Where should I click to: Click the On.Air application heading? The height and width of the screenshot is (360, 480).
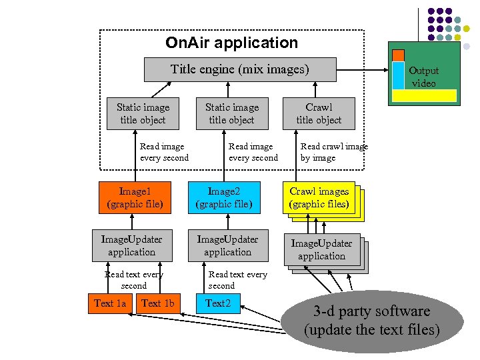pyautogui.click(x=231, y=43)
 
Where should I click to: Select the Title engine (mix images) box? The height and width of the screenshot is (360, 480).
pyautogui.click(x=240, y=69)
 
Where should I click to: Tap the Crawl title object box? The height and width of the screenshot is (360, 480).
pyautogui.click(x=319, y=113)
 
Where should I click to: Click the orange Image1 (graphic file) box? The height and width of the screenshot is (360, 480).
pyautogui.click(x=135, y=197)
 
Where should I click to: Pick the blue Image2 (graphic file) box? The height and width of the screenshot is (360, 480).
pyautogui.click(x=223, y=197)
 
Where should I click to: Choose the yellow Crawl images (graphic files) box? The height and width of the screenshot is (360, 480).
pyautogui.click(x=319, y=198)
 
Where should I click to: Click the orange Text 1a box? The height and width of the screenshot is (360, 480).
pyautogui.click(x=109, y=303)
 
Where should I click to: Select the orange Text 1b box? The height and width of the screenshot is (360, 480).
pyautogui.click(x=157, y=303)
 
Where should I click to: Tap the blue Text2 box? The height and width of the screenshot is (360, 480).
pyautogui.click(x=217, y=303)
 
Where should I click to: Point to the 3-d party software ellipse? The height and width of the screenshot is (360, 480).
pyautogui.click(x=371, y=321)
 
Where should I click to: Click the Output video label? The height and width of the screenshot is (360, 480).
pyautogui.click(x=423, y=77)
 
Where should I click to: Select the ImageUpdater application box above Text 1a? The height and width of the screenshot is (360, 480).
pyautogui.click(x=131, y=245)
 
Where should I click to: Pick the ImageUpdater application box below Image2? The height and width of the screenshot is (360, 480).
pyautogui.click(x=227, y=245)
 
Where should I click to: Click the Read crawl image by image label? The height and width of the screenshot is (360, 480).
pyautogui.click(x=333, y=152)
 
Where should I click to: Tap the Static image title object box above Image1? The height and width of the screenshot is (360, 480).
pyautogui.click(x=143, y=113)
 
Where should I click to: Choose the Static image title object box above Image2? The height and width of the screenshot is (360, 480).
pyautogui.click(x=231, y=113)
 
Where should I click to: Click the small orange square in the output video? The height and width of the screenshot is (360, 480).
pyautogui.click(x=397, y=55)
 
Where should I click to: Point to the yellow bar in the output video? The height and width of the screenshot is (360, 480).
pyautogui.click(x=423, y=95)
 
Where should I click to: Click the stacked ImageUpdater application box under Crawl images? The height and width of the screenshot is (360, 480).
pyautogui.click(x=322, y=250)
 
